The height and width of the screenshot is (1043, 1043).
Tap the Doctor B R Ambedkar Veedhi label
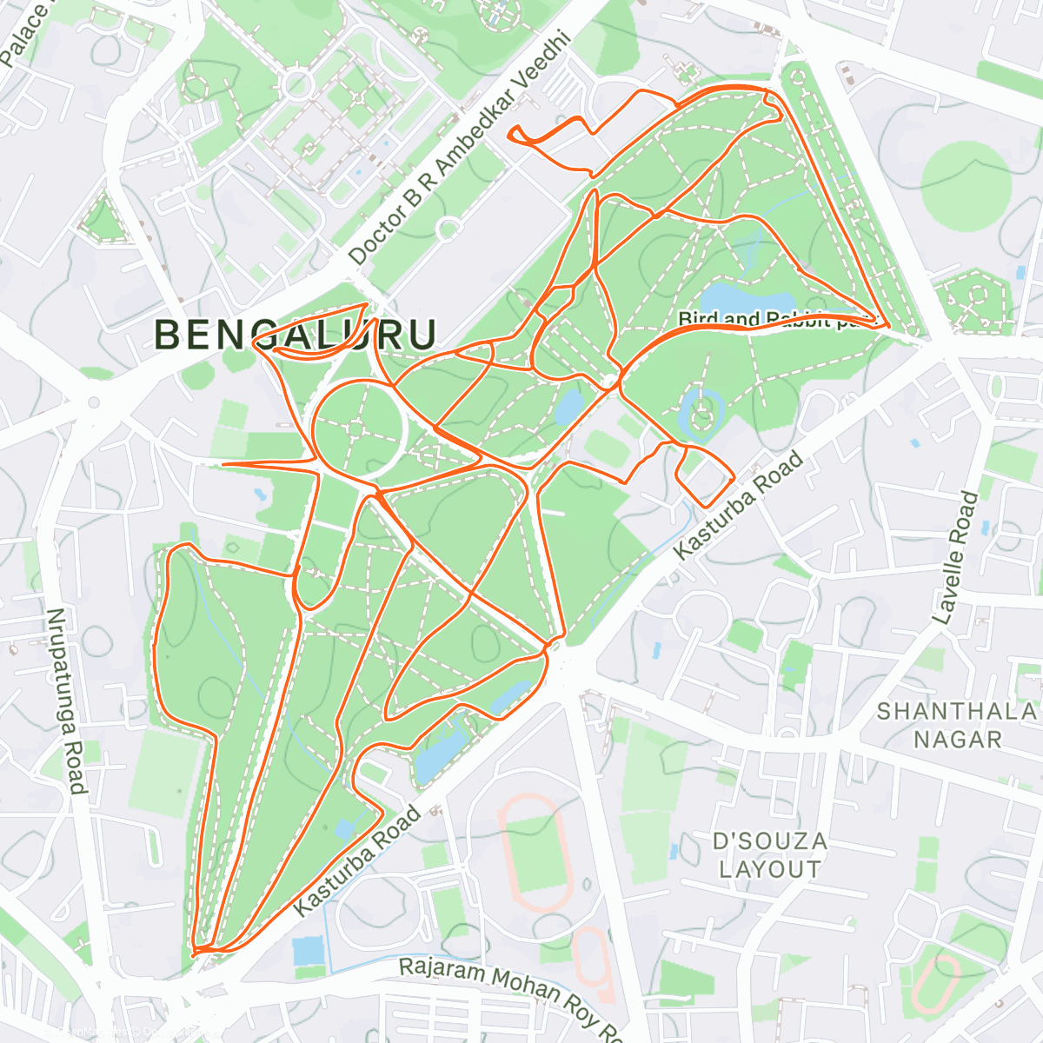point(460,149)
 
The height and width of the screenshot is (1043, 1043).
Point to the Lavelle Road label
point(955,557)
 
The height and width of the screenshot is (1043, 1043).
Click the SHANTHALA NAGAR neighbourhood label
point(956,725)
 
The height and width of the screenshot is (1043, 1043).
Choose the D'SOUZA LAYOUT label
point(768,855)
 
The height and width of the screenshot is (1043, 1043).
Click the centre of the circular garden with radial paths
point(358,427)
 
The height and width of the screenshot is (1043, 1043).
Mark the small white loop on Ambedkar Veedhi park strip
point(448,229)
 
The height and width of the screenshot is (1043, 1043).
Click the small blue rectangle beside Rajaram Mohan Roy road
point(307,952)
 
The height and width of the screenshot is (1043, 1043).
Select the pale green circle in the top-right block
point(966,184)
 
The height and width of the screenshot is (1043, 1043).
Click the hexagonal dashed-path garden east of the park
point(972,299)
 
